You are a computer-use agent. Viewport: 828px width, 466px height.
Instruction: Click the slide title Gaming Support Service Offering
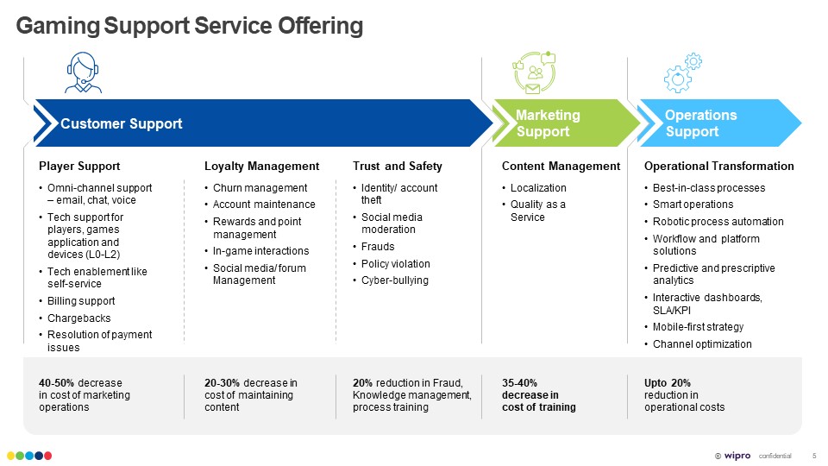190,27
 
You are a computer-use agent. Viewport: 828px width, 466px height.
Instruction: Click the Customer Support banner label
122,123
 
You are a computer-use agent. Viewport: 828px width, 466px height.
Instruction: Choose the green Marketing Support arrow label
548,123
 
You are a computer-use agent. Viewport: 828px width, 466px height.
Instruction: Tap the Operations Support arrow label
700,123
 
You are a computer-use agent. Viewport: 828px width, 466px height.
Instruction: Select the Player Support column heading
79,166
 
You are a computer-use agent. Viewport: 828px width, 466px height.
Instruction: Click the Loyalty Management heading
261,166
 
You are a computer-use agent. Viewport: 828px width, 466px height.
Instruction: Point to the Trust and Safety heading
397,166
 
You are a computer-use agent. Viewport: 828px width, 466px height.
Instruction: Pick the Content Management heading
561,166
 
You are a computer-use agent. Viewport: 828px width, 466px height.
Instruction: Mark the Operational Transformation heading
718,166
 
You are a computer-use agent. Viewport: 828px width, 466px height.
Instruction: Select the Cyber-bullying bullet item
394,280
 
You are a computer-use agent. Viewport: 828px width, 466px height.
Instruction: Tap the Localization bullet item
538,188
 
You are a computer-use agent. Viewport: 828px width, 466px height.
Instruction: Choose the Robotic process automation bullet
718,222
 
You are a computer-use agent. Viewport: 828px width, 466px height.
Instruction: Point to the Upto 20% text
668,383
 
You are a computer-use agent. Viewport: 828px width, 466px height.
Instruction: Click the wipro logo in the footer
737,455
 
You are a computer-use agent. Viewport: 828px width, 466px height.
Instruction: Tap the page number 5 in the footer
814,455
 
